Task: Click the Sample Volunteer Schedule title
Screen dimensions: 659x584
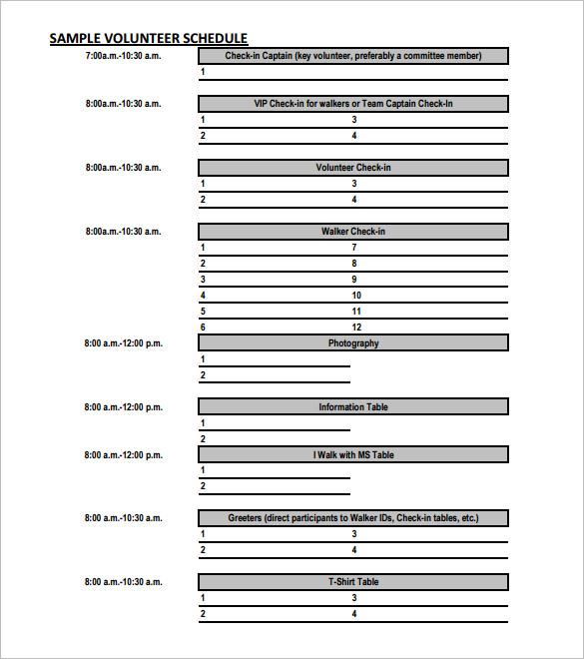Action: tap(149, 38)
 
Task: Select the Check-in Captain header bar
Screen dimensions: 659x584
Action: tap(353, 56)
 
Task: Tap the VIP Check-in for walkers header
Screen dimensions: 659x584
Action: tap(353, 104)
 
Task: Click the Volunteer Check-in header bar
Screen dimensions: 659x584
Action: tap(353, 168)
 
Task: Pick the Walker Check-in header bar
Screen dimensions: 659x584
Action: tap(353, 232)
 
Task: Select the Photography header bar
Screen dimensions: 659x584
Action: tap(353, 343)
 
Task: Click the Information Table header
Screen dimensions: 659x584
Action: tap(353, 407)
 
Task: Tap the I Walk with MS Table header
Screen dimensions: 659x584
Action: tap(353, 455)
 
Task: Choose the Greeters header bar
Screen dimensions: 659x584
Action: tap(353, 518)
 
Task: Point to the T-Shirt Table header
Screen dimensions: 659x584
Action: tap(353, 582)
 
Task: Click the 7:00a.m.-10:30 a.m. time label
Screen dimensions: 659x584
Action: tap(123, 56)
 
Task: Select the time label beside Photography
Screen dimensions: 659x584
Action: tap(123, 343)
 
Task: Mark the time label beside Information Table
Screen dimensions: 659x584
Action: tap(123, 407)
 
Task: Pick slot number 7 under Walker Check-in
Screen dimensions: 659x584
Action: tap(353, 248)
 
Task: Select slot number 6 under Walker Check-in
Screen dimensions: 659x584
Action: tap(203, 328)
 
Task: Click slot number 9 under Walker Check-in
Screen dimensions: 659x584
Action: tap(353, 280)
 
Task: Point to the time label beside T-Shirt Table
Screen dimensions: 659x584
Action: tap(123, 582)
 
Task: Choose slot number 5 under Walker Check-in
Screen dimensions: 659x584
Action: tap(203, 312)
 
